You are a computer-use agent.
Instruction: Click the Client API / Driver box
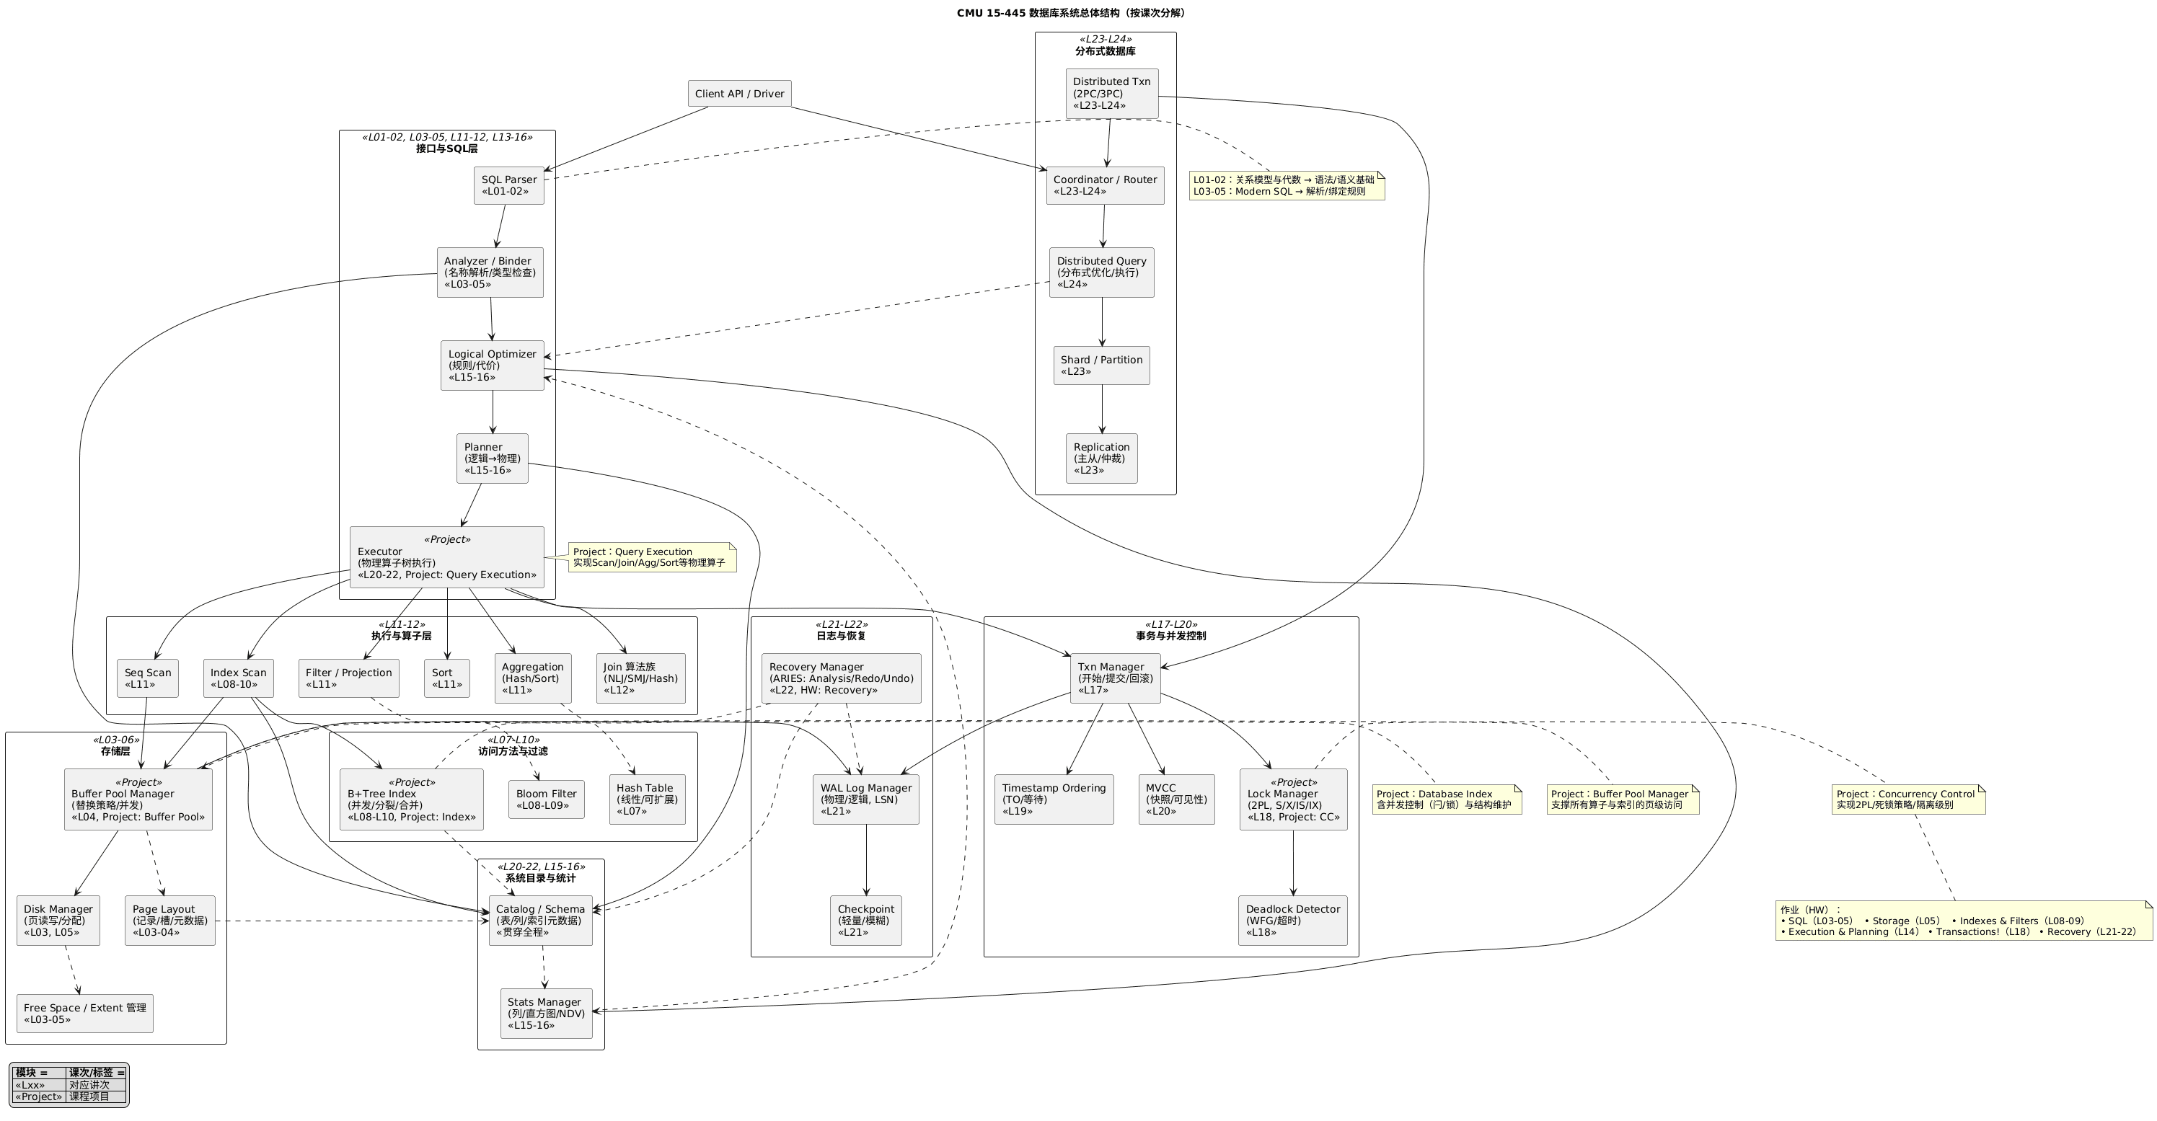(739, 94)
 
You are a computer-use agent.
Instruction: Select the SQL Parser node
(508, 185)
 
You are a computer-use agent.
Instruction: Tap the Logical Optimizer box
(493, 365)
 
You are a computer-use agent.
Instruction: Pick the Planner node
(493, 458)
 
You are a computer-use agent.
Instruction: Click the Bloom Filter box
(546, 799)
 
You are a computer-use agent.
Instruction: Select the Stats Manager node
(546, 1013)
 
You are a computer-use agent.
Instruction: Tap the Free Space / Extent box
(84, 1013)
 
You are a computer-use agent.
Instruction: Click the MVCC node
(1175, 799)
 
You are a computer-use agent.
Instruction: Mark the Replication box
(1101, 458)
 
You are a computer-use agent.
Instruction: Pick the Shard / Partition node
(1101, 365)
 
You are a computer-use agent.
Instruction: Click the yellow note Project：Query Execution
(652, 557)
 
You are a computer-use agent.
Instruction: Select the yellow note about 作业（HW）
(1963, 920)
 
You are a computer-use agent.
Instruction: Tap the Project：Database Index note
(1446, 799)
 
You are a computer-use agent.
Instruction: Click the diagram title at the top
(1071, 12)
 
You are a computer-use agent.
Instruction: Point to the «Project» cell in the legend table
(38, 1096)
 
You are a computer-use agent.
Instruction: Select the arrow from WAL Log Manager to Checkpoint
(866, 860)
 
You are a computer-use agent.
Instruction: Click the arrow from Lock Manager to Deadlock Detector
(1293, 862)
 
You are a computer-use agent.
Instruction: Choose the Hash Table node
(645, 799)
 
